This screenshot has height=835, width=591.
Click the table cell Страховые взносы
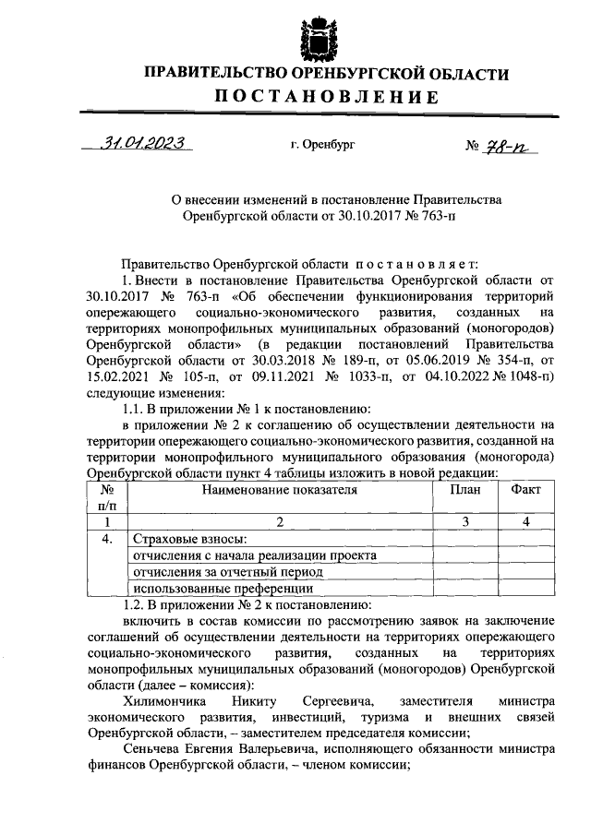coord(190,539)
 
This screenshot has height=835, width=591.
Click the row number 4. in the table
coord(107,539)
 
